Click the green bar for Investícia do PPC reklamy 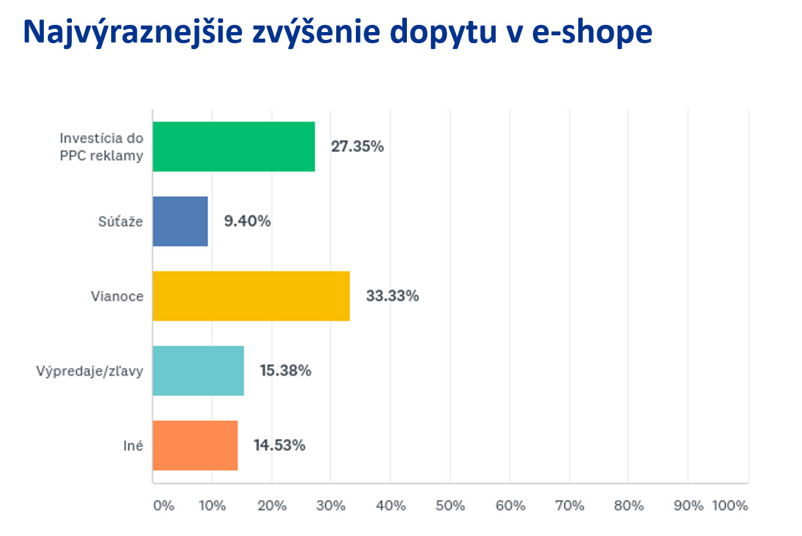tap(234, 147)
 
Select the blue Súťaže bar tap(180, 221)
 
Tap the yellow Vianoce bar tap(251, 296)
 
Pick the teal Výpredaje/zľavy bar tap(198, 371)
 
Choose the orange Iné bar tap(195, 446)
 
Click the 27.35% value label tap(357, 147)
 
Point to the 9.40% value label tap(247, 221)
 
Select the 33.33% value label tap(392, 296)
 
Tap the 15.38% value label tap(285, 371)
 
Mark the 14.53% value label tap(279, 446)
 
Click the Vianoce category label tap(117, 296)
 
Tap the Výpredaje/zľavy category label tap(90, 371)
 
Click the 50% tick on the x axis tap(450, 506)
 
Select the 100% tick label tap(729, 506)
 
